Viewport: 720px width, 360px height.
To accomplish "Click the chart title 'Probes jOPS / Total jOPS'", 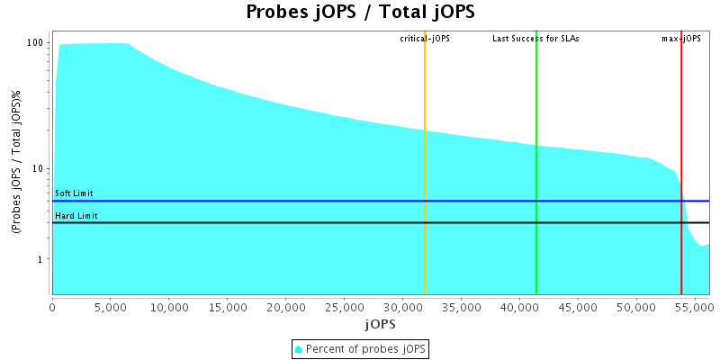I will point(360,13).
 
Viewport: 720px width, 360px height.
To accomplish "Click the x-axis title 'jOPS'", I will point(379,323).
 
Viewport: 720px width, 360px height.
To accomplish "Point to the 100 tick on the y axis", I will point(36,43).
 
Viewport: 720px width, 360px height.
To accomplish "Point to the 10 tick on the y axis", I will point(39,169).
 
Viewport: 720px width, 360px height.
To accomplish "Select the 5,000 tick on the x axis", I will point(110,307).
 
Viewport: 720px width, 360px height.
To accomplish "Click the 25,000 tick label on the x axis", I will point(344,307).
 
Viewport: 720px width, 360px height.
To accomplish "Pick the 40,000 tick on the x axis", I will point(519,307).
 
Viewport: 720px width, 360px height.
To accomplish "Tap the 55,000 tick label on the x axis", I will point(694,307).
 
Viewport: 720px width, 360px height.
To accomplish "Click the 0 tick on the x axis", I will point(52,307).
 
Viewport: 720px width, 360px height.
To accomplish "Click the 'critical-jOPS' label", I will point(425,39).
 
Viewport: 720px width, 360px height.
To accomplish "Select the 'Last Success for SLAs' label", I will point(535,39).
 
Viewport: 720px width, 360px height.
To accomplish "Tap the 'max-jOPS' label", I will point(680,39).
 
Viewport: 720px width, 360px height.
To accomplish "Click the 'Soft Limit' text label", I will point(74,193).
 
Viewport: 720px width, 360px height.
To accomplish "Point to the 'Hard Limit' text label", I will point(76,216).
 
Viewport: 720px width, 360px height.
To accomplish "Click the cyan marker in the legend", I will point(299,348).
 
